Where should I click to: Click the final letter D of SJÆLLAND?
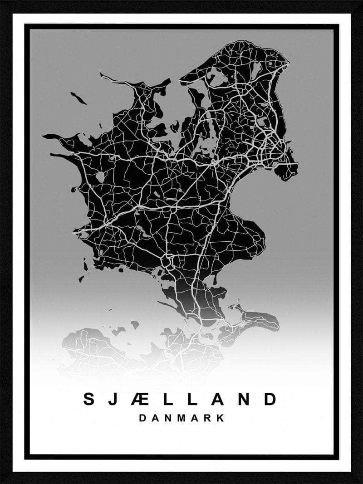(x=270, y=399)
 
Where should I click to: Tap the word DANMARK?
(x=181, y=418)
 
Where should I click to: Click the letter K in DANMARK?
(x=221, y=418)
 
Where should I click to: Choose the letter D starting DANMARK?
(x=142, y=418)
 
